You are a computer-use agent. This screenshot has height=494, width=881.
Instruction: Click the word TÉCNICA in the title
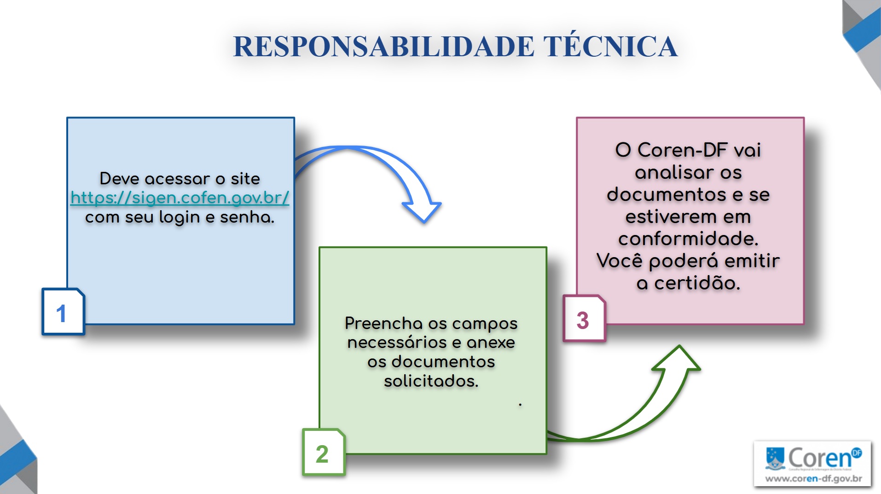pyautogui.click(x=610, y=46)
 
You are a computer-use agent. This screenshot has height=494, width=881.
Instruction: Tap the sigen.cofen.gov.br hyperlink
pyautogui.click(x=180, y=198)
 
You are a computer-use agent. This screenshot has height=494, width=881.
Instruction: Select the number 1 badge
pyautogui.click(x=63, y=312)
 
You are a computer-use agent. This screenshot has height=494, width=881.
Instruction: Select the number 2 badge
pyautogui.click(x=323, y=453)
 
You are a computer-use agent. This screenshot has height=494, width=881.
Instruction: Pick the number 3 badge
pyautogui.click(x=583, y=319)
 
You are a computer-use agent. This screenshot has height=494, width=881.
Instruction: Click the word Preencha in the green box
pyautogui.click(x=383, y=323)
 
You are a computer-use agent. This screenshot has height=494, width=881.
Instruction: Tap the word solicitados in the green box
pyautogui.click(x=431, y=381)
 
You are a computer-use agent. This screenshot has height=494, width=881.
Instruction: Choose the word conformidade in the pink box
pyautogui.click(x=688, y=239)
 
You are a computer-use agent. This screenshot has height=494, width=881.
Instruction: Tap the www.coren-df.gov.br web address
pyautogui.click(x=813, y=478)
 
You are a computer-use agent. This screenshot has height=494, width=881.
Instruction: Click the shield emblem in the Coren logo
pyautogui.click(x=775, y=457)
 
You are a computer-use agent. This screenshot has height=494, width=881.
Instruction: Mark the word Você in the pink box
pyautogui.click(x=619, y=261)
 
